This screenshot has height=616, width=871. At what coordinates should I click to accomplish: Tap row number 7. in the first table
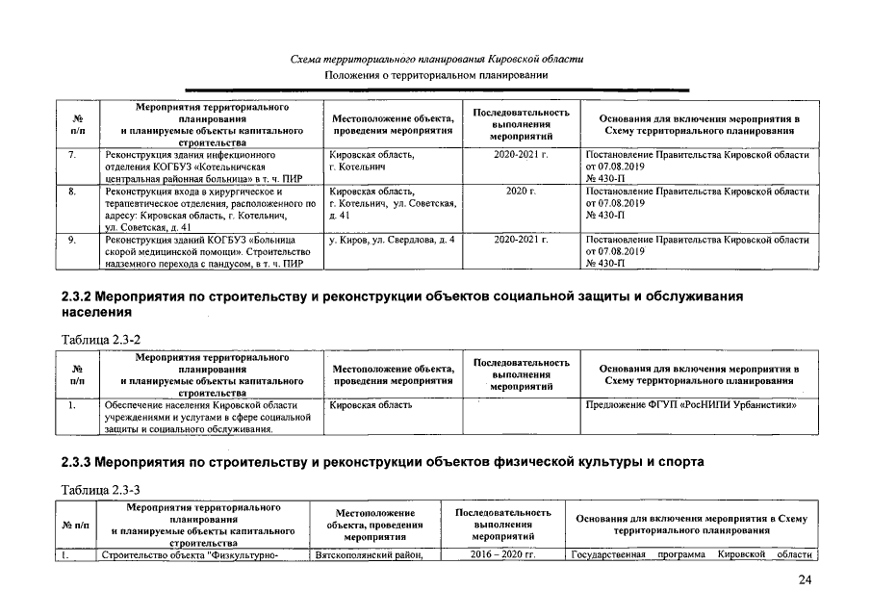[x=73, y=154]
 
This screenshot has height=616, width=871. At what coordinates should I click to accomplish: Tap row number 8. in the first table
[x=73, y=192]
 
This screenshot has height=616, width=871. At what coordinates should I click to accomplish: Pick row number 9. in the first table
[x=73, y=238]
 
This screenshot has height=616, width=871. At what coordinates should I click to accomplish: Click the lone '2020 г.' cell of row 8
[x=519, y=192]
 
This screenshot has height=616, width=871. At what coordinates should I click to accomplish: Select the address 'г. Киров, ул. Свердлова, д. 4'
[x=392, y=238]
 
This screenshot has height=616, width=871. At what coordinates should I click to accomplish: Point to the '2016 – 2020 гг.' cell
[x=501, y=554]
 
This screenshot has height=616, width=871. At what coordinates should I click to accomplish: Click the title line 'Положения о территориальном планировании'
[x=436, y=75]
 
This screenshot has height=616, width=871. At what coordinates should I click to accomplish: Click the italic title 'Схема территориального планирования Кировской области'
[x=436, y=60]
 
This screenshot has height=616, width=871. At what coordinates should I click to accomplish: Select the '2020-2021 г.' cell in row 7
[x=520, y=154]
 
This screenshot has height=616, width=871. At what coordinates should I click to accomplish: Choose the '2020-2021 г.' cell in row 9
[x=520, y=238]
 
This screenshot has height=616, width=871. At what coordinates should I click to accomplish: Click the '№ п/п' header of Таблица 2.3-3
[x=74, y=525]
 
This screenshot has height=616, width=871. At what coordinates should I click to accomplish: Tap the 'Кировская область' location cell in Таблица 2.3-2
[x=371, y=405]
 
